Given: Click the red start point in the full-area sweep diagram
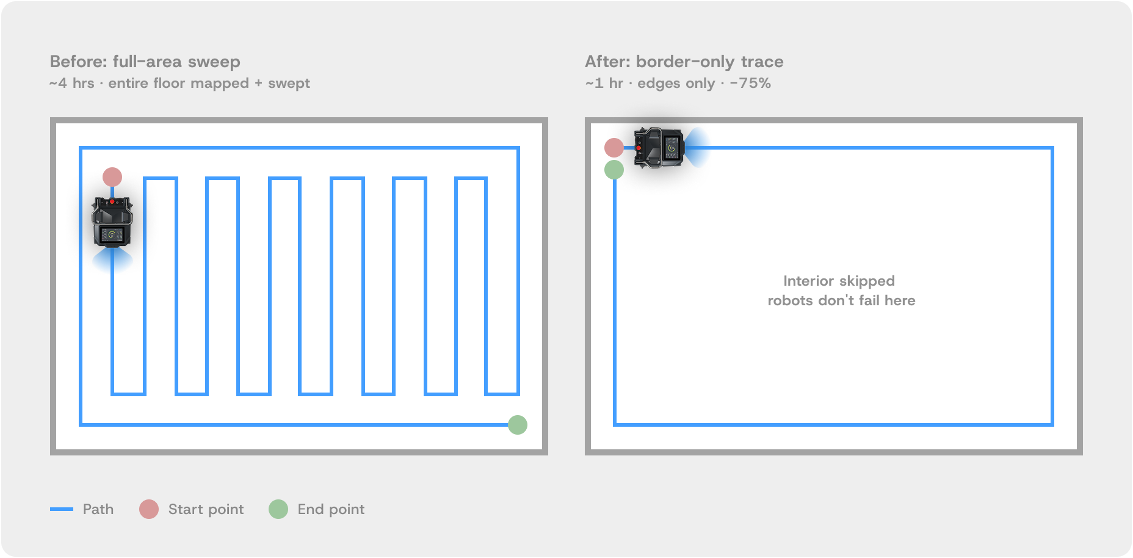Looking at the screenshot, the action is coord(112,177).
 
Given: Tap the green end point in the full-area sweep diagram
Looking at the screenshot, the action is coord(518,424).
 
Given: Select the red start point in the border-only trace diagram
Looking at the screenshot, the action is coord(614,147).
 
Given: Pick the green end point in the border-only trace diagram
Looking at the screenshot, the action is coord(614,170).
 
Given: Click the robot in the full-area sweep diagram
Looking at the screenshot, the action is coord(112,222).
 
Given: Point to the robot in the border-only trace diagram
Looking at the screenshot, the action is coord(659,147).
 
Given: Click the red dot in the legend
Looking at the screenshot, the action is coord(149,509).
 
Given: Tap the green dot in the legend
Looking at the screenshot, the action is coord(278,509).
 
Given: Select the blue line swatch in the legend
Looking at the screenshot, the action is coord(62,509).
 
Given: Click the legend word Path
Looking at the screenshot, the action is coord(98,509).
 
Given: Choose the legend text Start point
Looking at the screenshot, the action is coord(206,509).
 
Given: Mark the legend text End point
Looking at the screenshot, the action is coord(331,509).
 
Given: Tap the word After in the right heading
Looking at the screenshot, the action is coord(606,62).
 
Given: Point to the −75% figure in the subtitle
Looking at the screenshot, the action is coord(750,83).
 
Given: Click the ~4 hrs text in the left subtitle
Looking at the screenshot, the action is coord(72,83).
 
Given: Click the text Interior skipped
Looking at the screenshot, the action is coord(839,281).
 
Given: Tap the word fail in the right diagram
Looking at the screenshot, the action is coord(870,300).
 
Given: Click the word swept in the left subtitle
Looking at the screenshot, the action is coord(289,83).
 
